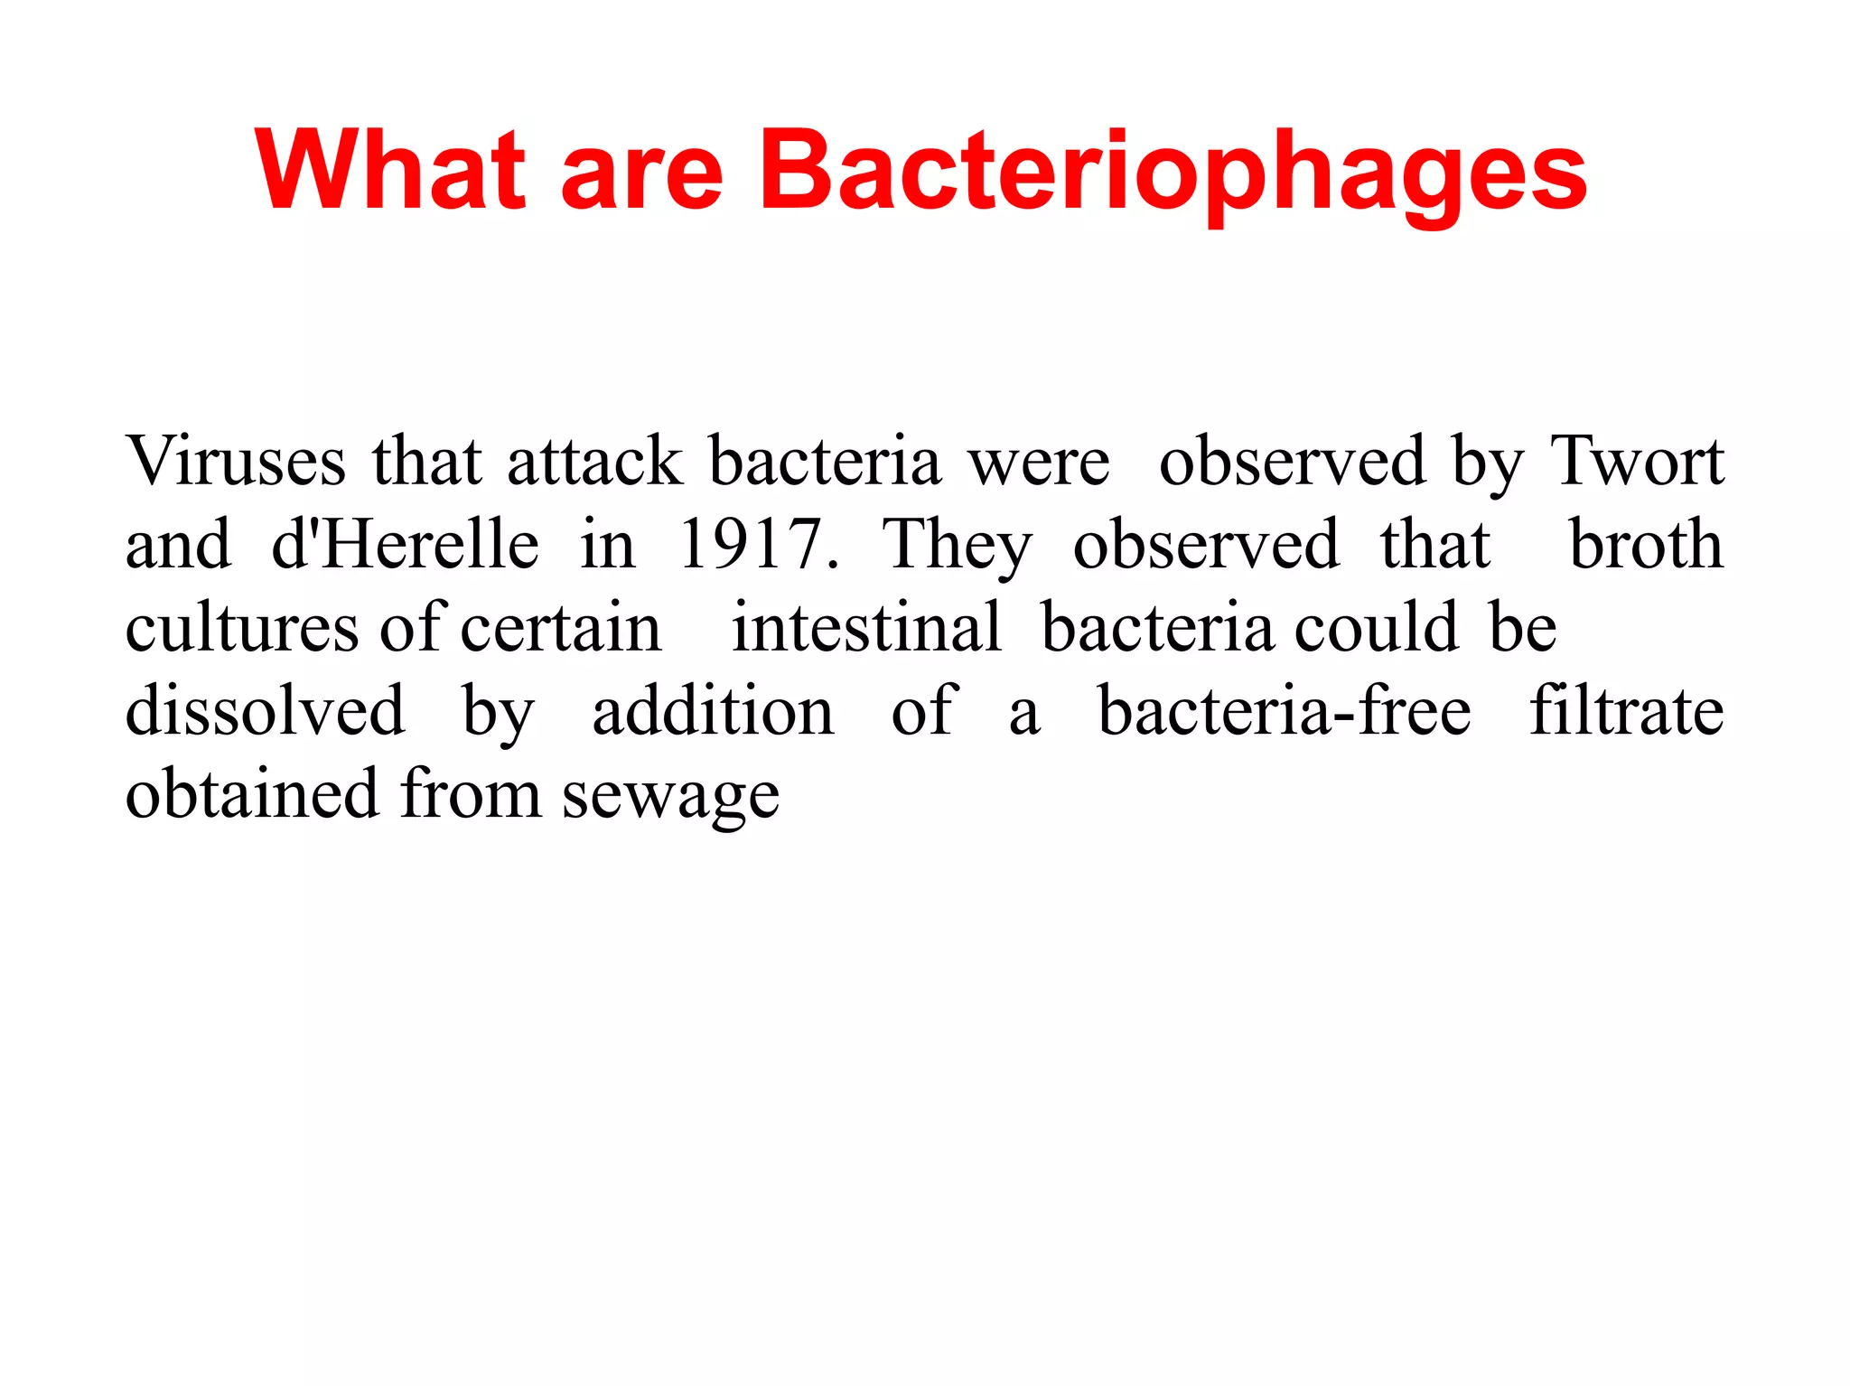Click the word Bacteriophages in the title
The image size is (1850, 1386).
click(x=1173, y=172)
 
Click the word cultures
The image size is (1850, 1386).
click(x=242, y=627)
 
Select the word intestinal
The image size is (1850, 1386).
click(x=866, y=627)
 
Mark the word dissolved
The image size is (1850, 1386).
click(x=265, y=710)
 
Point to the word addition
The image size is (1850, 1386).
click(x=713, y=710)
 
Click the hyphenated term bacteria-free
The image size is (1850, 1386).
click(x=1284, y=710)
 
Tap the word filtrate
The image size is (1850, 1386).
click(x=1627, y=710)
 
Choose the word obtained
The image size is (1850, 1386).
click(x=251, y=793)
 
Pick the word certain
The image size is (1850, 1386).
click(x=561, y=627)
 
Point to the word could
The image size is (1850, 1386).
click(x=1376, y=627)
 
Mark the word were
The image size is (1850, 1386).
click(x=1039, y=463)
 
